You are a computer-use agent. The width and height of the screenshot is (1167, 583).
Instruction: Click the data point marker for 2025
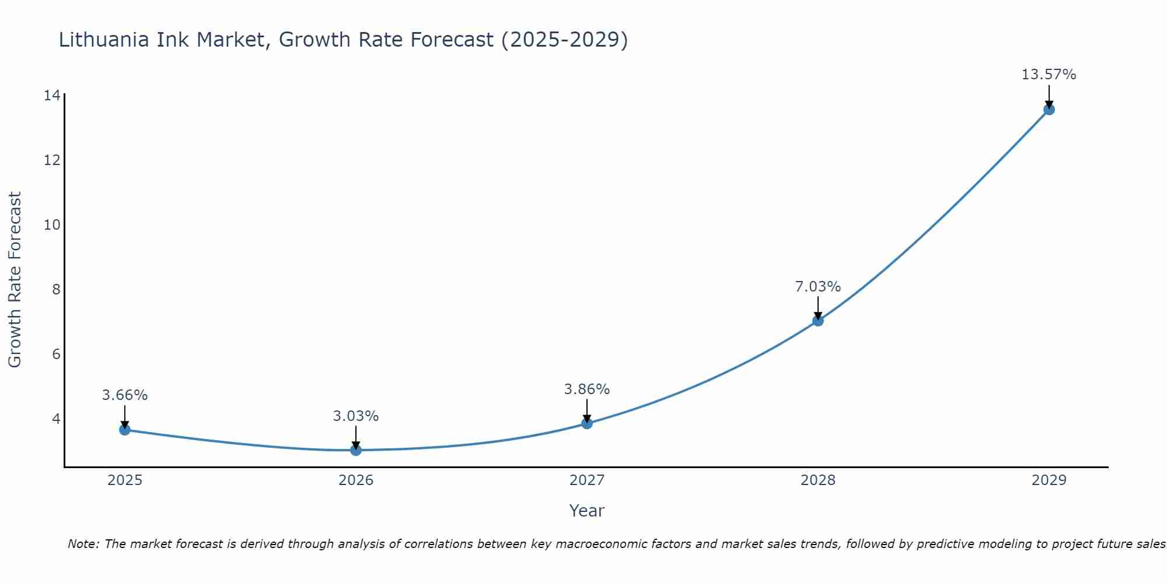pyautogui.click(x=125, y=430)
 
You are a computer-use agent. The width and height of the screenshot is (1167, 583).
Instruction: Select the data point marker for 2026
pyautogui.click(x=356, y=450)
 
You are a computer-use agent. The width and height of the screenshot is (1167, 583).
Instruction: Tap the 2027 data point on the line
pyautogui.click(x=587, y=423)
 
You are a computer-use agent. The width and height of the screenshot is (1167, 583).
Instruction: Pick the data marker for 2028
pyautogui.click(x=818, y=321)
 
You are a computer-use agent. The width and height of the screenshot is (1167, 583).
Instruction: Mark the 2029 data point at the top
pyautogui.click(x=1049, y=110)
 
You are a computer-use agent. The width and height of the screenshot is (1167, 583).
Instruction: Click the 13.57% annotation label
pyautogui.click(x=1049, y=75)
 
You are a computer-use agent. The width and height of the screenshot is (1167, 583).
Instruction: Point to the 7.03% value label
pyautogui.click(x=817, y=287)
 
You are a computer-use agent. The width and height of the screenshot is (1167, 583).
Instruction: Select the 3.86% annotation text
pyautogui.click(x=586, y=389)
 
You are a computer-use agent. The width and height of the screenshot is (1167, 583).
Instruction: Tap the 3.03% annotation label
pyautogui.click(x=355, y=416)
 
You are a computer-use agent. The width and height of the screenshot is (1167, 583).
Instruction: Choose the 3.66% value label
pyautogui.click(x=124, y=395)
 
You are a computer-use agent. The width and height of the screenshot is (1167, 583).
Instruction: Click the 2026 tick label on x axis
pyautogui.click(x=356, y=480)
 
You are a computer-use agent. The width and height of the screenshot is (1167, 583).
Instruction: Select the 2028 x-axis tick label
pyautogui.click(x=818, y=480)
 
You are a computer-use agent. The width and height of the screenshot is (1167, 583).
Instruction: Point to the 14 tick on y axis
pyautogui.click(x=52, y=96)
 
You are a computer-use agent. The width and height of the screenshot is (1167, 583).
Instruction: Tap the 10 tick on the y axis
pyautogui.click(x=52, y=225)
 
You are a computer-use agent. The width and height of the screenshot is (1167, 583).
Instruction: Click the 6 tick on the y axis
pyautogui.click(x=56, y=354)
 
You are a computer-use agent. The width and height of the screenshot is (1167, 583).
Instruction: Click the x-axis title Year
pyautogui.click(x=586, y=511)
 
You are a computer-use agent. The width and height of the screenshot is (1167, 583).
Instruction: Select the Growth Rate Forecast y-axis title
pyautogui.click(x=15, y=280)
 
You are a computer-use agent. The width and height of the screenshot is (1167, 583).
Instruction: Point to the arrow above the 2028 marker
pyautogui.click(x=818, y=307)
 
